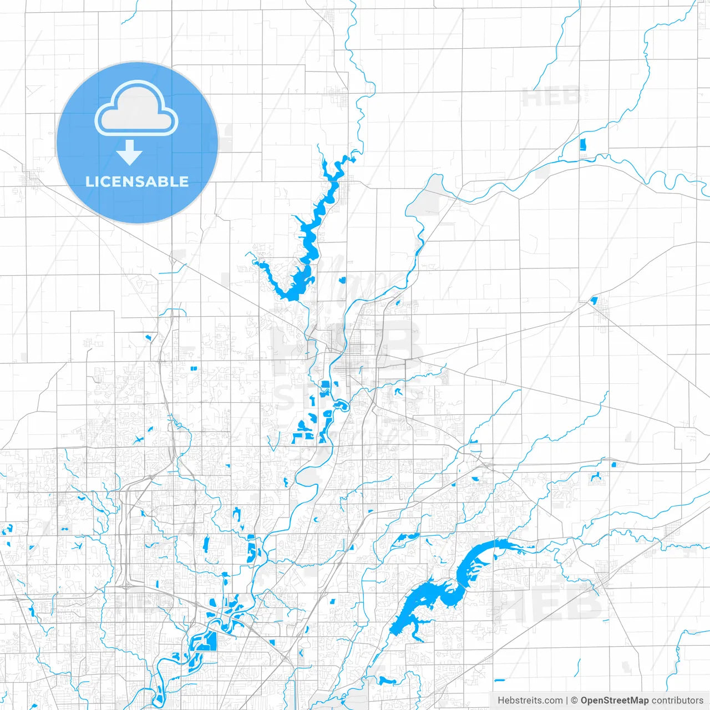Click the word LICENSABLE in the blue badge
[137, 181]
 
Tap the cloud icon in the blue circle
[136, 109]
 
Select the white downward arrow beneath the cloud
[129, 153]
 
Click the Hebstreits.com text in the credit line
[530, 701]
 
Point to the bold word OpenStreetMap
[614, 701]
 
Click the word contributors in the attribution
[677, 701]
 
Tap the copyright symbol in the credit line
[574, 701]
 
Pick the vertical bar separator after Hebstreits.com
[567, 701]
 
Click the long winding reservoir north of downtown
[311, 239]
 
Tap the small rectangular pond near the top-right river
[582, 144]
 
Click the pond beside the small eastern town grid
[594, 301]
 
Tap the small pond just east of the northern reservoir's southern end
[342, 280]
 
